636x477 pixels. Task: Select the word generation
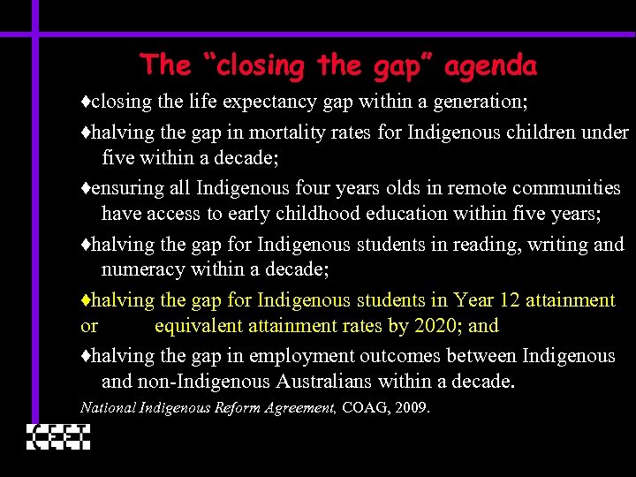481,102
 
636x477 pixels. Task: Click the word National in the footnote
107,407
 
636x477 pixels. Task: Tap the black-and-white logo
58,436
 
